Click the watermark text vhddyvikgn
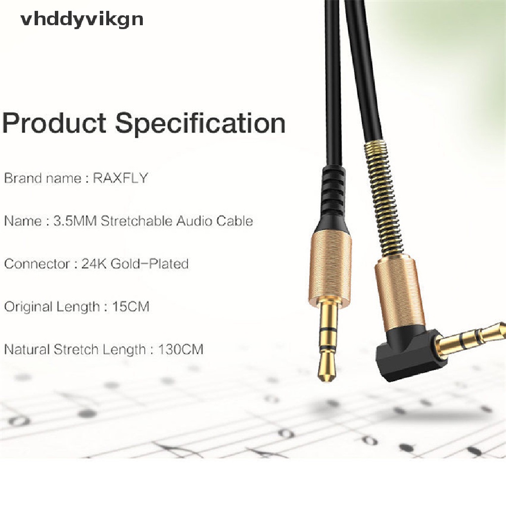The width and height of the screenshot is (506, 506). pos(82,19)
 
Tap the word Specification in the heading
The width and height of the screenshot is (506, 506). pos(201,124)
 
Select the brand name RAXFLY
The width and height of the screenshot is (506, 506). pos(121,178)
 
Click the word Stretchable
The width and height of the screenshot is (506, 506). pos(130,221)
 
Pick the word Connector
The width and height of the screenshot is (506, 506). pos(37,264)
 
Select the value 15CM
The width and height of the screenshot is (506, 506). pos(133,307)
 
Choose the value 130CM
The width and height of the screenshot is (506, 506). pos(181,350)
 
